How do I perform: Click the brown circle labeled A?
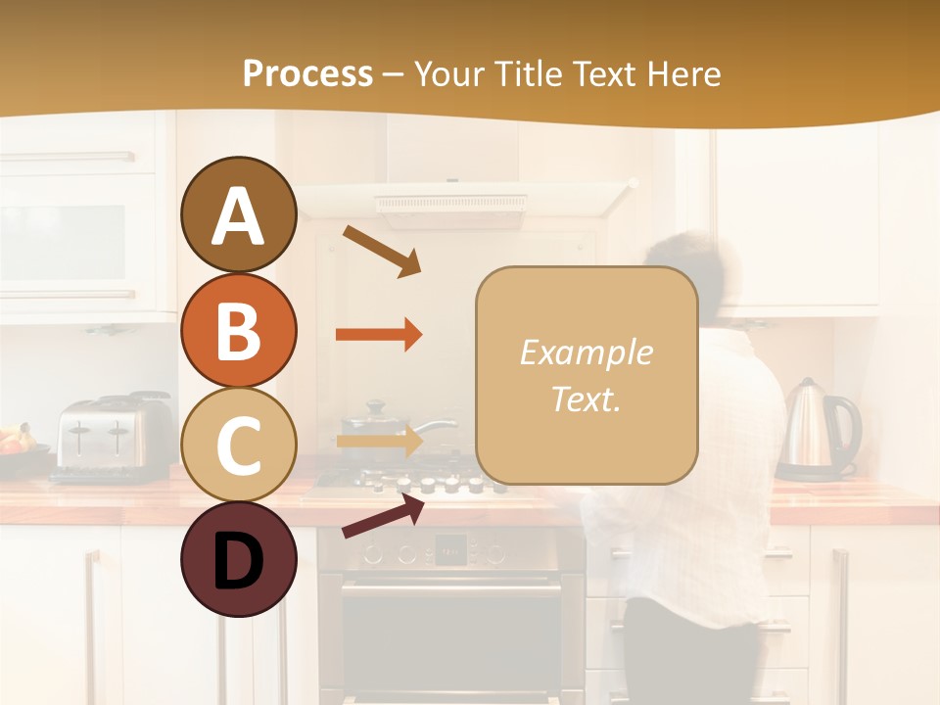pyautogui.click(x=238, y=215)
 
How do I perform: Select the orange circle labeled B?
pyautogui.click(x=238, y=330)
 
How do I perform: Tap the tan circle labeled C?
pyautogui.click(x=238, y=445)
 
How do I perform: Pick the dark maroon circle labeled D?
pyautogui.click(x=238, y=560)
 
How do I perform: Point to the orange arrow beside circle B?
pyautogui.click(x=378, y=335)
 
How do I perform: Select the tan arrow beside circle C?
pyautogui.click(x=379, y=441)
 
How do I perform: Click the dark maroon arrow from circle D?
pyautogui.click(x=383, y=515)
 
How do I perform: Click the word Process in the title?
pyautogui.click(x=307, y=73)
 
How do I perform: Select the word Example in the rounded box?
pyautogui.click(x=586, y=352)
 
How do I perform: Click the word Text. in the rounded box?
pyautogui.click(x=586, y=399)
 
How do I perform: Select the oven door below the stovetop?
pyautogui.click(x=450, y=636)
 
